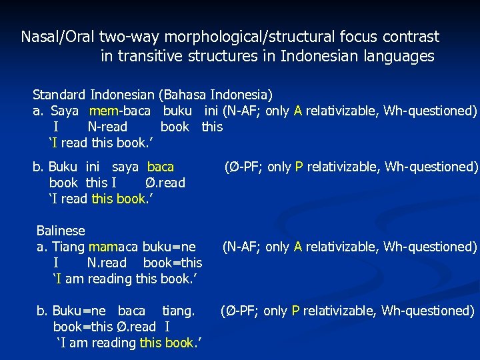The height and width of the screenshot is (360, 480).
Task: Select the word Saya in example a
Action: click(x=65, y=111)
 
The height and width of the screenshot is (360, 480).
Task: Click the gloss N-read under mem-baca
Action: click(x=107, y=127)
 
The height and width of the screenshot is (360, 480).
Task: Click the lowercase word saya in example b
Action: click(x=125, y=167)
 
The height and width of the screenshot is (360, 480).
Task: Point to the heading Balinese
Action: click(x=61, y=231)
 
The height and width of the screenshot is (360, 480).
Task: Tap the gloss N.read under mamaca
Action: click(x=107, y=263)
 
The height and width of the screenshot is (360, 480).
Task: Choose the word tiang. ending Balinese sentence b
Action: click(x=179, y=311)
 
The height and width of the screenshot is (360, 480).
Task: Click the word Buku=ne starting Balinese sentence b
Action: click(x=81, y=311)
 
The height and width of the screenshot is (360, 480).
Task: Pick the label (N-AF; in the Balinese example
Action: click(x=242, y=247)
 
